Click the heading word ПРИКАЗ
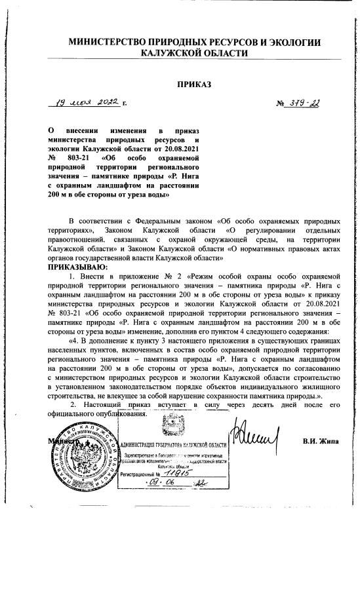pos(194,84)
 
